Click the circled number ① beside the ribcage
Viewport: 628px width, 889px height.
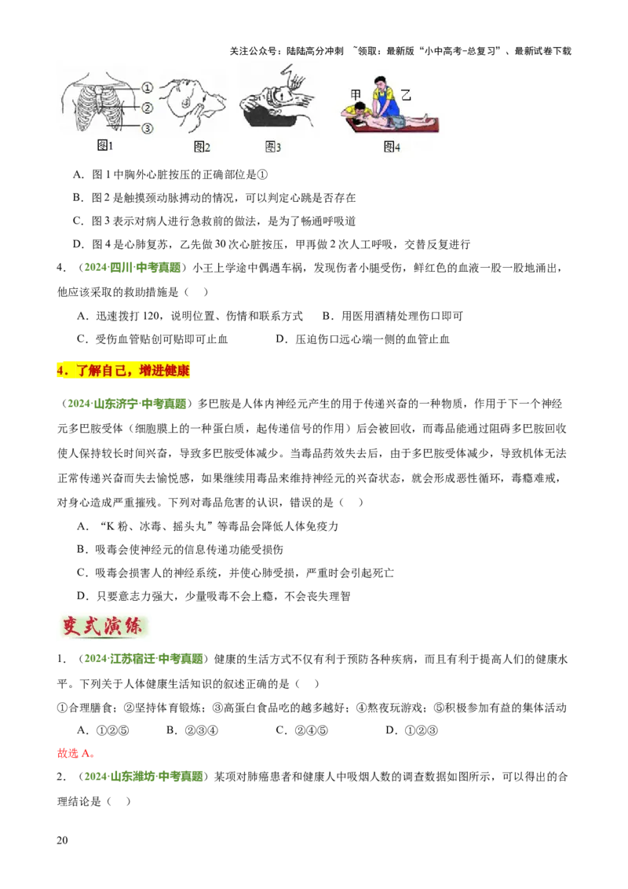coord(147,90)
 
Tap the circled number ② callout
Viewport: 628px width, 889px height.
coord(147,108)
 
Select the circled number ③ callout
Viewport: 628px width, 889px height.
coord(147,128)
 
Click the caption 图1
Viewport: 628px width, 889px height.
coord(105,147)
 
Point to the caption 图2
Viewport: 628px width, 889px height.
coord(203,148)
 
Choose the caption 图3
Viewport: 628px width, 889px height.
coord(273,148)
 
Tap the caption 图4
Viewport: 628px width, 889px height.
coord(392,148)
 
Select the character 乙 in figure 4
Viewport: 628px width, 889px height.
coord(406,94)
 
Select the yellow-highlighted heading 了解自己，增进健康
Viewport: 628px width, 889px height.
coord(125,371)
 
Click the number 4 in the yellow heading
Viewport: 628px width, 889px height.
coord(60,371)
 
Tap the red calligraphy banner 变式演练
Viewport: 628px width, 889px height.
coord(103,627)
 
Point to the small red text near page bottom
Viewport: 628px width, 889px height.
coord(75,754)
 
